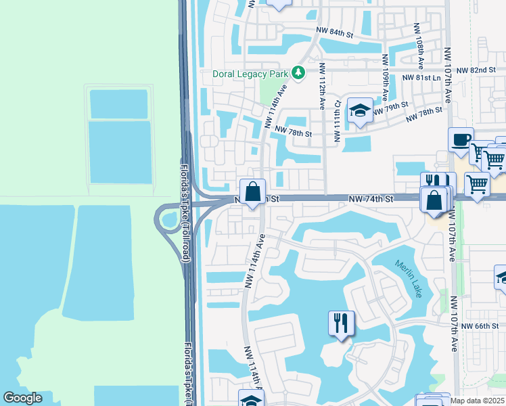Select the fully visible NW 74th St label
tap(371, 199)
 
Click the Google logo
tap(23, 398)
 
